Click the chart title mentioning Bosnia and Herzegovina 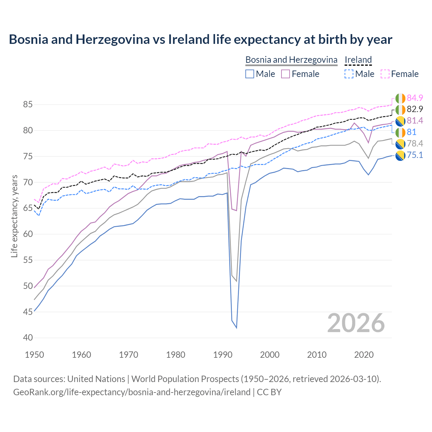[200, 39]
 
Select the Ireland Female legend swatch [385, 74]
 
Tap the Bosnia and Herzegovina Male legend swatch [250, 74]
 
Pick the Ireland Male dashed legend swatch [349, 74]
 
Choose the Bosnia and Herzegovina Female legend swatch [286, 74]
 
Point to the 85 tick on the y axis [28, 105]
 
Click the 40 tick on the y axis [28, 338]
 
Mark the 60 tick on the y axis [28, 234]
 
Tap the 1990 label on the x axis [223, 355]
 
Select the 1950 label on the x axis [35, 355]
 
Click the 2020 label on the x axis [364, 355]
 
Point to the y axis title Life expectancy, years [15, 216]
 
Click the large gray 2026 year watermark [356, 323]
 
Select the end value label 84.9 [415, 98]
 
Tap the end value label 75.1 [415, 155]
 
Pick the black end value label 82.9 [415, 109]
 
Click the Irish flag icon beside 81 [400, 132]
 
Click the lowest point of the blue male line [237, 328]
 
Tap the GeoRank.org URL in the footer [132, 392]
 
